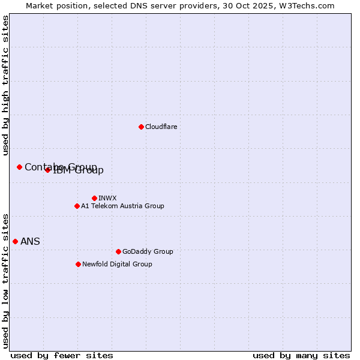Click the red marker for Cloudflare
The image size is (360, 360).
pyautogui.click(x=141, y=127)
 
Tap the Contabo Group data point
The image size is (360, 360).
pyautogui.click(x=19, y=167)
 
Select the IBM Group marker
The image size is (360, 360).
pyautogui.click(x=47, y=170)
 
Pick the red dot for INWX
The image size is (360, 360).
pyautogui.click(x=94, y=198)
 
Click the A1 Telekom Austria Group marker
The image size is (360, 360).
pyautogui.click(x=77, y=206)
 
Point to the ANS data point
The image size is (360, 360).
pyautogui.click(x=15, y=241)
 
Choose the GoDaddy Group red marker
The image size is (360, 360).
pyautogui.click(x=118, y=251)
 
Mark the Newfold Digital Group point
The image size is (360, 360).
pyautogui.click(x=78, y=264)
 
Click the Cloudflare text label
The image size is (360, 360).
pyautogui.click(x=161, y=127)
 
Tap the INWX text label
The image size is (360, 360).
pyautogui.click(x=107, y=198)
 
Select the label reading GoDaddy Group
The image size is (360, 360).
pyautogui.click(x=148, y=251)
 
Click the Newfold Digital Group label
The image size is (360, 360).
pyautogui.click(x=117, y=264)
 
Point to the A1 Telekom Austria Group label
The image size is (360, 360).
pyautogui.click(x=122, y=206)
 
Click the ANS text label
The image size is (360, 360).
pyautogui.click(x=30, y=242)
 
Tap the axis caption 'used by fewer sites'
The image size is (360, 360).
pyautogui.click(x=62, y=355)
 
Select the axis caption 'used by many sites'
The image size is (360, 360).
pyautogui.click(x=301, y=355)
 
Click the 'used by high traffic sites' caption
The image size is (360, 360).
pyautogui.click(x=6, y=85)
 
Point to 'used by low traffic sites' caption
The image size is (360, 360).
pyautogui.click(x=6, y=280)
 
